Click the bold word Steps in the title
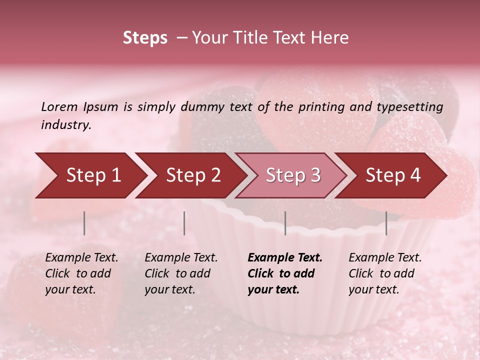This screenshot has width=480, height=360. (x=145, y=38)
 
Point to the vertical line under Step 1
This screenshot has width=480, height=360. (x=84, y=223)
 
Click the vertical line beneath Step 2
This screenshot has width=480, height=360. (x=184, y=223)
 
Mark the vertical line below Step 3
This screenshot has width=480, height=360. (x=285, y=223)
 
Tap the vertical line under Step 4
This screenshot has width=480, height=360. (x=386, y=223)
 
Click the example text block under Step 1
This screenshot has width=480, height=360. (x=81, y=273)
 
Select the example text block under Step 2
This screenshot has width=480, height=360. (x=181, y=273)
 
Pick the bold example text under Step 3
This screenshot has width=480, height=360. (x=284, y=273)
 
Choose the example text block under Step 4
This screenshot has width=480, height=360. (x=385, y=273)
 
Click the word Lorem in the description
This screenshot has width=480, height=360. (x=59, y=107)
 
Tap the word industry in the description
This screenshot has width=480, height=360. (x=65, y=125)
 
